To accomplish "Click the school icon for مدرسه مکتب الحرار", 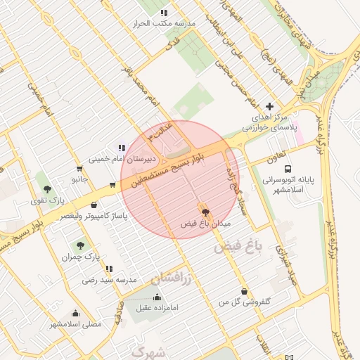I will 164,13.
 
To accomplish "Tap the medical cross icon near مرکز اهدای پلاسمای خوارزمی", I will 269,106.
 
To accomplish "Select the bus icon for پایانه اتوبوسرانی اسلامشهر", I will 288,169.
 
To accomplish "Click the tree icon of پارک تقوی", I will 47,189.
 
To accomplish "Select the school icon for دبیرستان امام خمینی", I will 122,148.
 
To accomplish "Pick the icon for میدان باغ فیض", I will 205,212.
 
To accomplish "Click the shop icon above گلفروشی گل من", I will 244,291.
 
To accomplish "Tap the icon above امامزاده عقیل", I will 156,297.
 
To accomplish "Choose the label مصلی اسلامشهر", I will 75,324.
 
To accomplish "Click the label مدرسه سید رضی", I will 108,280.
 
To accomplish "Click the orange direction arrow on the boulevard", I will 112,186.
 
